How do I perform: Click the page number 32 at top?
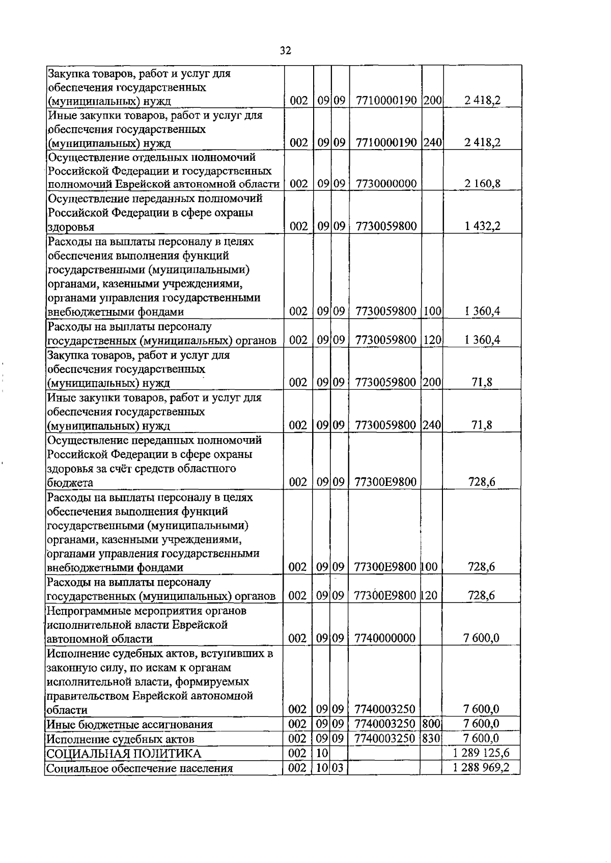click(285, 50)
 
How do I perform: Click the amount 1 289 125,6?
click(481, 753)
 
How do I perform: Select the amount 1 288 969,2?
click(481, 767)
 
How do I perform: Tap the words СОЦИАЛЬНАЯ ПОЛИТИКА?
click(124, 754)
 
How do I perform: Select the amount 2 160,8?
click(482, 184)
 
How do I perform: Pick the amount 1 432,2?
click(482, 226)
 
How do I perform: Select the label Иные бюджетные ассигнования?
click(129, 724)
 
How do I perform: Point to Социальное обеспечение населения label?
click(140, 768)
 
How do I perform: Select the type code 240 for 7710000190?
click(432, 142)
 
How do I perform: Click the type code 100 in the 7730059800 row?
click(432, 311)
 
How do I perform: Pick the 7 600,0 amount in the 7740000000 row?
click(481, 638)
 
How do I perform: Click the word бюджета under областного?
click(70, 482)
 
